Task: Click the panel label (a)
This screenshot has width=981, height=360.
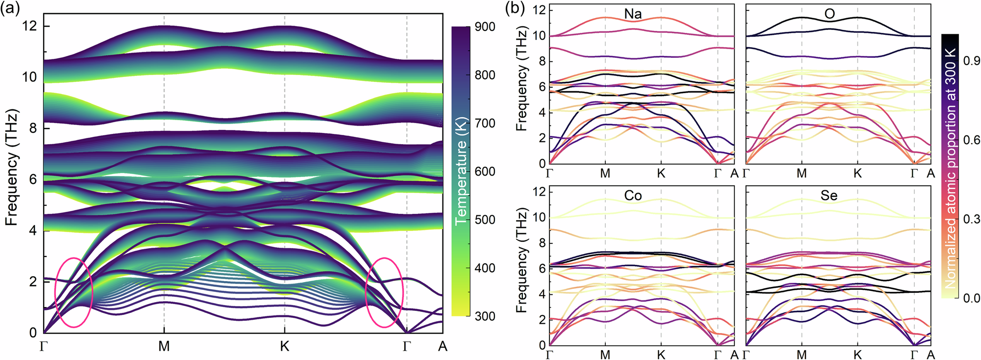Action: pyautogui.click(x=11, y=9)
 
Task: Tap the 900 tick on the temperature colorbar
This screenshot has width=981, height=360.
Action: pyautogui.click(x=485, y=27)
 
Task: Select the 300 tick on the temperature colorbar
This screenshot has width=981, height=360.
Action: pyautogui.click(x=485, y=316)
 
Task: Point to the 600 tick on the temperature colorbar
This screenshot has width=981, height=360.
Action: pyautogui.click(x=485, y=172)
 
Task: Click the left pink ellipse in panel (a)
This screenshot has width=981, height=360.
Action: pyautogui.click(x=74, y=292)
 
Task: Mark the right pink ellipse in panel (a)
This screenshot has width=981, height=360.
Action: pyautogui.click(x=385, y=292)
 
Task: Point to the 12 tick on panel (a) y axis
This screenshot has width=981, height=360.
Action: pyautogui.click(x=29, y=26)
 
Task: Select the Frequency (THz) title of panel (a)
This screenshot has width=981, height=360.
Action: pyautogui.click(x=12, y=167)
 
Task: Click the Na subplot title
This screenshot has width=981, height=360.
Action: pyautogui.click(x=633, y=14)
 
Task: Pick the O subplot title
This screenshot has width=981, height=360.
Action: pyautogui.click(x=829, y=14)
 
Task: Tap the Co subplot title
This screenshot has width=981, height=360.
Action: pyautogui.click(x=633, y=196)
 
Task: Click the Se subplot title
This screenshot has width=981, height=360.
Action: pyautogui.click(x=829, y=196)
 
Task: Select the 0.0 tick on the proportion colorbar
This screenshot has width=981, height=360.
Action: pyautogui.click(x=969, y=298)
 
